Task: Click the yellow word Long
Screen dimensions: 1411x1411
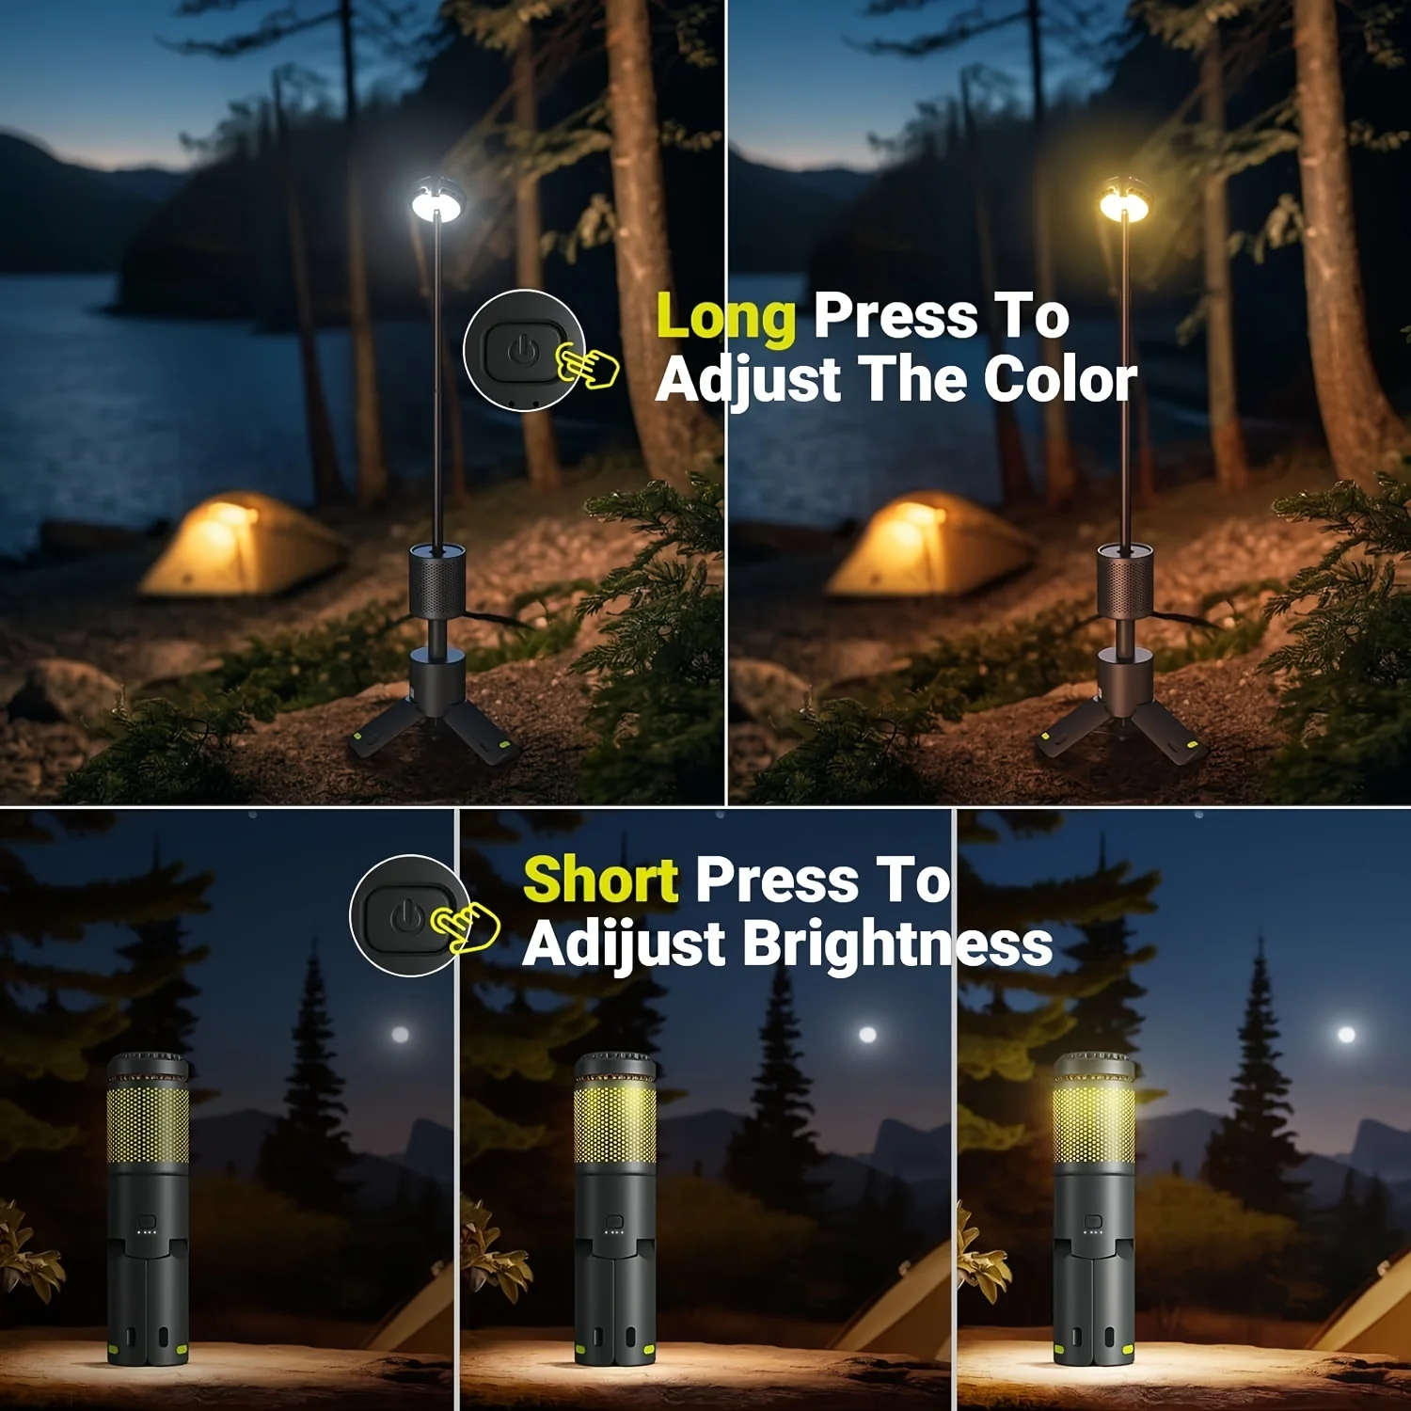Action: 726,318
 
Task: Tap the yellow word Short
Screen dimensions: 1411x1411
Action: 600,880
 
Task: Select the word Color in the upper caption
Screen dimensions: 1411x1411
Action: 1060,380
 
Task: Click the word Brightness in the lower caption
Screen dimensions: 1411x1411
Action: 897,943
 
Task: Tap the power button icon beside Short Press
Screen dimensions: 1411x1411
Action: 405,915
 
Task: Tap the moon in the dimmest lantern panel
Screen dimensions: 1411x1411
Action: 400,1035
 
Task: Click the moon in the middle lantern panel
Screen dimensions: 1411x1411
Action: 867,1035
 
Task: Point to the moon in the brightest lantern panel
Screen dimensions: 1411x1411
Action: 1346,1035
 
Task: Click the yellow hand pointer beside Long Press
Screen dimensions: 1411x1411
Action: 587,365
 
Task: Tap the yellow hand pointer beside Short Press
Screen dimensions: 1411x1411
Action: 466,926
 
